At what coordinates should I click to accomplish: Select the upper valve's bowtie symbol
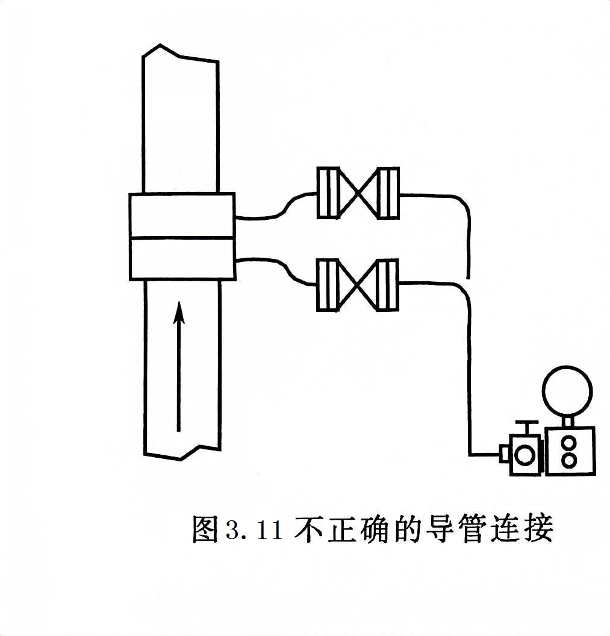coord(358,193)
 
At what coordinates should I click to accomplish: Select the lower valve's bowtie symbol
coord(358,285)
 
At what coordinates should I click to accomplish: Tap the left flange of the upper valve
coord(328,193)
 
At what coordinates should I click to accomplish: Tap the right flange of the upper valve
coord(388,193)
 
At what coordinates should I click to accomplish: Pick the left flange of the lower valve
coord(328,285)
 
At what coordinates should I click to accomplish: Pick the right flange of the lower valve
coord(388,285)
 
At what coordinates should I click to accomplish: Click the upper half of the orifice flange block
coord(182,215)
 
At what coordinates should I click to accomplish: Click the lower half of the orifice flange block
coord(182,259)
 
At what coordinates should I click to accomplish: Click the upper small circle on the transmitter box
coord(568,443)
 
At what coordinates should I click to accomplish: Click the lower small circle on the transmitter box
coord(568,461)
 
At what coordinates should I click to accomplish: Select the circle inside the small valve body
coord(525,455)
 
